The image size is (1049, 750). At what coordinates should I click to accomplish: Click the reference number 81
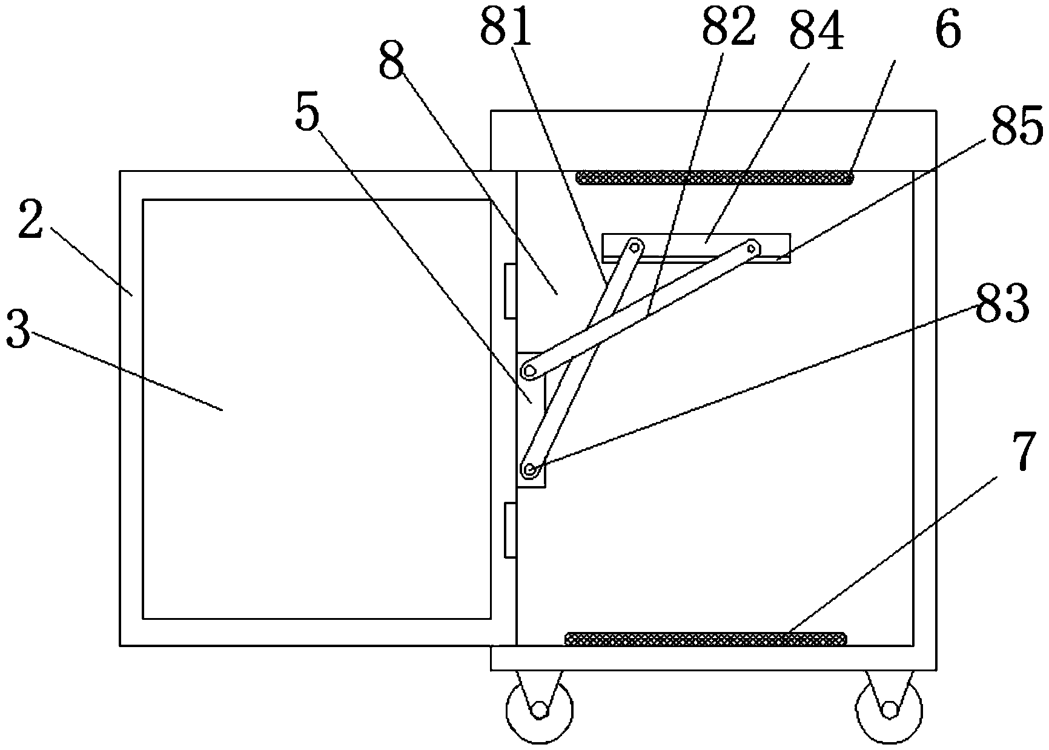[506, 27]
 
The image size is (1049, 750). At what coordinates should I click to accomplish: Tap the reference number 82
[729, 27]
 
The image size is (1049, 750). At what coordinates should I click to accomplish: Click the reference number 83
[1002, 304]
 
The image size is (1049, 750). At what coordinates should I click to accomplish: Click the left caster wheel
[539, 709]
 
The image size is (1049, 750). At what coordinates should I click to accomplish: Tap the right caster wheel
[889, 709]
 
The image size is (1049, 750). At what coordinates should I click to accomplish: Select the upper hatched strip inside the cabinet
[715, 178]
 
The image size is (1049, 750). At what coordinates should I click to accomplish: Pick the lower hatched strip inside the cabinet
[705, 638]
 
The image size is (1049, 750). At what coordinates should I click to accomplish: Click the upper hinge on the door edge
[510, 291]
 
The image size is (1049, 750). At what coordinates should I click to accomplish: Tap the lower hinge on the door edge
[510, 529]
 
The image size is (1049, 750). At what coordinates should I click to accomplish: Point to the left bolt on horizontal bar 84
[634, 246]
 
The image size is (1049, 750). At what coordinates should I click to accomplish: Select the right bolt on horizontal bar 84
[752, 247]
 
